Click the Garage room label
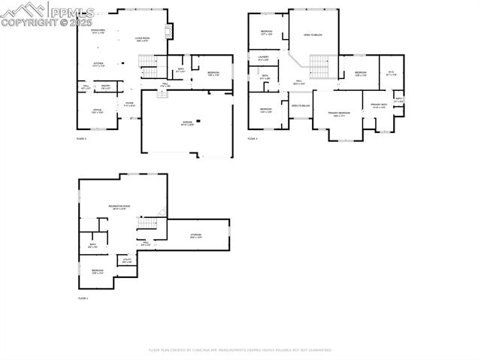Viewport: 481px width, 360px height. (187, 123)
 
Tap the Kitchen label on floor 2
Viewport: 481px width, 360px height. (98, 65)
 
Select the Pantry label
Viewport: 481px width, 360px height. (106, 87)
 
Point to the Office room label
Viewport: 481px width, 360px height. (98, 111)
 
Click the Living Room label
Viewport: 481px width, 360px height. (143, 38)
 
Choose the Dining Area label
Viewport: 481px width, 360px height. (98, 31)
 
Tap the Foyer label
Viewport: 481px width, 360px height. (129, 104)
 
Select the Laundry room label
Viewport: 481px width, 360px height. (263, 58)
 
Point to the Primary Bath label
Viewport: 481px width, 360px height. (379, 106)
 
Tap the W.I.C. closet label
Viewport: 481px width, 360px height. (391, 74)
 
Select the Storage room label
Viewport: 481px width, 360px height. (195, 235)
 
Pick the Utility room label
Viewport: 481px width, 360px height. (127, 261)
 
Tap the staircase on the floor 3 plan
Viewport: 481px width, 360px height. (321, 66)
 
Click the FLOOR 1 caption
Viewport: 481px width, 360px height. (83, 298)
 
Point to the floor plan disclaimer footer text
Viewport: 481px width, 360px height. (240, 349)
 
